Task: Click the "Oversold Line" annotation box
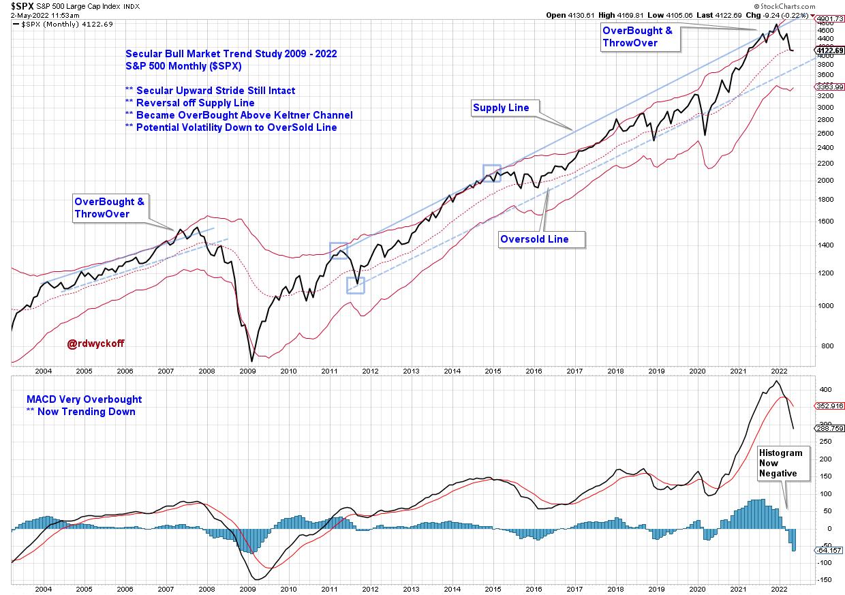(543, 239)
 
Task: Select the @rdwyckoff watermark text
(95, 344)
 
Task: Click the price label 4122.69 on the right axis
(829, 50)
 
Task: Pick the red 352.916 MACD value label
(829, 406)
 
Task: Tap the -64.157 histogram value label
(829, 549)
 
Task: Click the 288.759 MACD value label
(829, 428)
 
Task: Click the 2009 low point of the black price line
(251, 361)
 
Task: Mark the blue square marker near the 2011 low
(356, 285)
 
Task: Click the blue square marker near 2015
(491, 172)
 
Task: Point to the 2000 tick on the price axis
(823, 181)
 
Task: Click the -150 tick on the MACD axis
(823, 580)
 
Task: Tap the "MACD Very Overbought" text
(84, 399)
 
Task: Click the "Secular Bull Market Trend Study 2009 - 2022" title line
(231, 54)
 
